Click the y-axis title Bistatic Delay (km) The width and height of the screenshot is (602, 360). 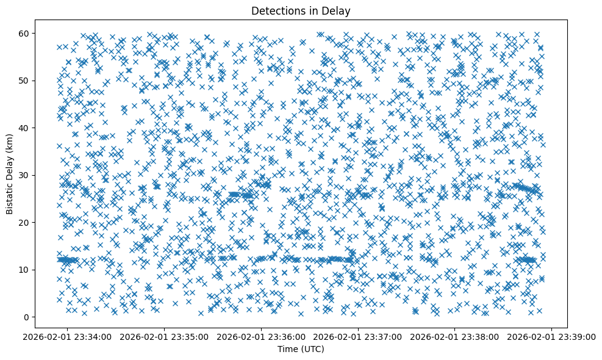[10, 175]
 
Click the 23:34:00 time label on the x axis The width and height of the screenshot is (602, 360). [68, 337]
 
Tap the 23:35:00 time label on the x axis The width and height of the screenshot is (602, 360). [165, 337]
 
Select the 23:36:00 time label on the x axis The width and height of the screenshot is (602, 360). [262, 337]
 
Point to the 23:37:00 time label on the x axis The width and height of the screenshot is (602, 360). [359, 337]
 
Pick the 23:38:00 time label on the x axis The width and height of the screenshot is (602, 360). [455, 337]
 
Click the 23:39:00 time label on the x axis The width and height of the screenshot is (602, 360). [552, 337]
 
